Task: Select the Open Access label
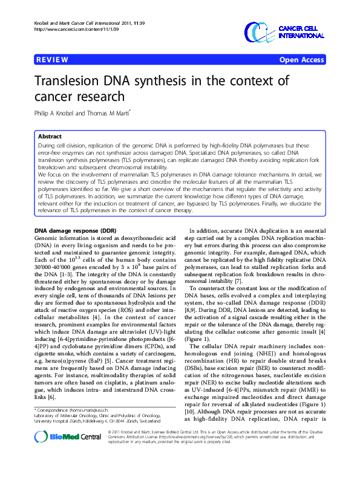click(301, 60)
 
